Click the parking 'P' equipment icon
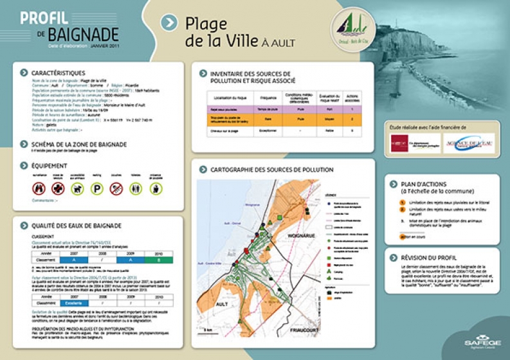click(96, 188)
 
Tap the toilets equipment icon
click(135, 188)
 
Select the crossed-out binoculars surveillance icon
click(39, 188)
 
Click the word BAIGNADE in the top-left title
click(86, 34)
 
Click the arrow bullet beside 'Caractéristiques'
click(24, 73)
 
